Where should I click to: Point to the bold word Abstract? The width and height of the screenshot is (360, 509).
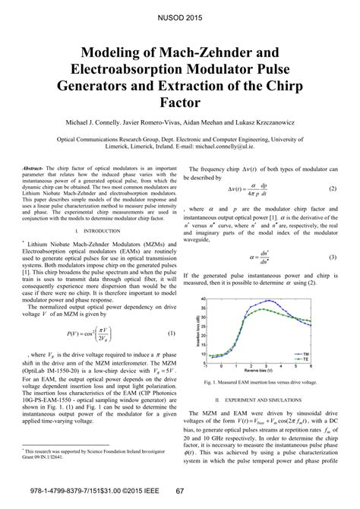coord(35,167)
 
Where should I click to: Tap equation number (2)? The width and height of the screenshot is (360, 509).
coord(333,188)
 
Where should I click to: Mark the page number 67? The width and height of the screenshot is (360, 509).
coord(180,493)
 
